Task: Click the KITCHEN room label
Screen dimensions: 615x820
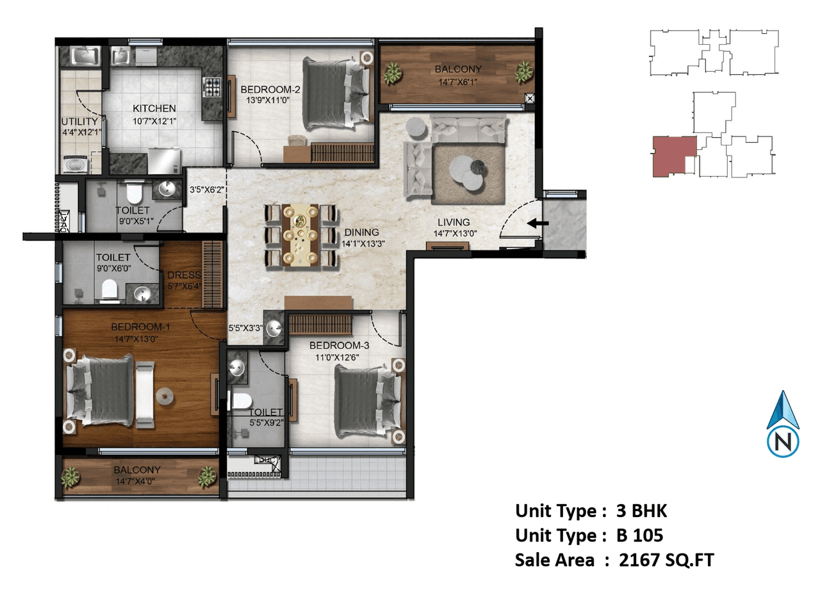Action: [x=154, y=108]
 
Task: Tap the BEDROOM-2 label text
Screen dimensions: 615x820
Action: [x=270, y=90]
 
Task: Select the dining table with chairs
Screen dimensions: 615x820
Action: [x=300, y=235]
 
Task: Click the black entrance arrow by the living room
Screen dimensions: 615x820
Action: [x=537, y=224]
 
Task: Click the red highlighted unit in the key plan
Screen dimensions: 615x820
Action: [x=672, y=156]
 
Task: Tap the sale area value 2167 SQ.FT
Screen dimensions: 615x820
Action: [x=666, y=560]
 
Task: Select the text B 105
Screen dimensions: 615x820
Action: [x=639, y=536]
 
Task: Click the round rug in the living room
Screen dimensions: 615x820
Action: [x=467, y=172]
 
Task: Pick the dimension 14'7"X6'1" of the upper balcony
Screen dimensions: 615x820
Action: [x=457, y=82]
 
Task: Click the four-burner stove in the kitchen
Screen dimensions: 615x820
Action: [x=212, y=86]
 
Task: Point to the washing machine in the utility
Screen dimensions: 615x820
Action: [x=76, y=165]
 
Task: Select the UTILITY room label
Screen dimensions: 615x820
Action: [x=79, y=121]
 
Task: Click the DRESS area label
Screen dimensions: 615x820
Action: [x=184, y=275]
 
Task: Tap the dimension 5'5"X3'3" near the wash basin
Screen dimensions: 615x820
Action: [x=245, y=328]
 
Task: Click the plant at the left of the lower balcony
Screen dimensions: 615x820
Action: [x=70, y=477]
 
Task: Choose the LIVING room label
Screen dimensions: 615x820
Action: [x=454, y=222]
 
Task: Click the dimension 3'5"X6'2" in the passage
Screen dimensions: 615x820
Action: [x=206, y=190]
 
